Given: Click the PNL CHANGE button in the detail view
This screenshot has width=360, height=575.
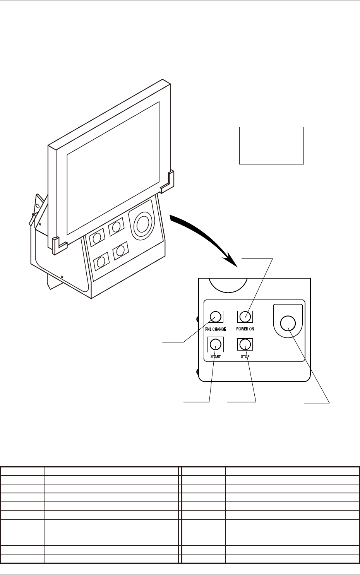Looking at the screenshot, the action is (x=216, y=317).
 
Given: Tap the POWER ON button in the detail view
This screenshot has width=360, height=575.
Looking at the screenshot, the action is (x=245, y=317).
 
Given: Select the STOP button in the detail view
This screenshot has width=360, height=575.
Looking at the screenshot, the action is (x=245, y=344).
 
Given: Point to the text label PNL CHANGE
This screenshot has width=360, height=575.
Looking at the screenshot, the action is (x=216, y=329).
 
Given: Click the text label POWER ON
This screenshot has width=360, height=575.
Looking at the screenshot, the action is (x=245, y=329).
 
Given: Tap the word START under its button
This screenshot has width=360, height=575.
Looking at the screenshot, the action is (x=216, y=356).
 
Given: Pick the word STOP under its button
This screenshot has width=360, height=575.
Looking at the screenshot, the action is (x=245, y=356).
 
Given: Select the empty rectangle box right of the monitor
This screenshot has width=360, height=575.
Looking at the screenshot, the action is (x=271, y=145).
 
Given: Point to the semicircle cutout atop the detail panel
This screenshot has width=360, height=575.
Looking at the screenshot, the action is (x=228, y=284).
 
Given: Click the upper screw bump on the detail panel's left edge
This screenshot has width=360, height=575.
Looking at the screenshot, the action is (x=197, y=319).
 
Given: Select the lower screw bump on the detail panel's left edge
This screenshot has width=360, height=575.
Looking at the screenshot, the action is (x=197, y=372).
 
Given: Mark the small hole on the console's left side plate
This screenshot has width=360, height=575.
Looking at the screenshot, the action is (x=62, y=277).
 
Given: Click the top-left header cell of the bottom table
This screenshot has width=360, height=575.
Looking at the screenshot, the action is (x=22, y=471).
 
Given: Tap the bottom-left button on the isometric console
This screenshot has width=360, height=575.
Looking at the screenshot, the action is (x=101, y=262).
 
